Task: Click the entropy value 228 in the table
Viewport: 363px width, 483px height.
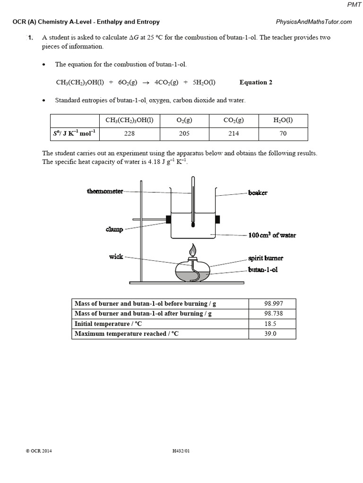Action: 130,133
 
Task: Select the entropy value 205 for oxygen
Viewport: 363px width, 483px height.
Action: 184,133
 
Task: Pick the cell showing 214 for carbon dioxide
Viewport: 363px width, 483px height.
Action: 233,133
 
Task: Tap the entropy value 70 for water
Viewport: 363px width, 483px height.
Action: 283,133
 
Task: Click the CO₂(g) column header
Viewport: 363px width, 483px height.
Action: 233,120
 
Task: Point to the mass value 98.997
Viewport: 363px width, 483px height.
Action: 272,304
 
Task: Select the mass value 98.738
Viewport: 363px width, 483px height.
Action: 272,314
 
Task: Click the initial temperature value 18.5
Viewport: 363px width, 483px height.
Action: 272,324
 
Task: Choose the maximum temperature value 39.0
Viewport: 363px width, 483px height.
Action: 272,334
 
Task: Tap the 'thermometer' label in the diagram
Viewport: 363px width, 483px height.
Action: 105,191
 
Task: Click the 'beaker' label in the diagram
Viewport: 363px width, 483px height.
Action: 258,193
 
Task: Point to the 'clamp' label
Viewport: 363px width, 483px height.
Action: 114,230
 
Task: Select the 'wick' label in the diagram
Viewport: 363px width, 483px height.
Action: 116,257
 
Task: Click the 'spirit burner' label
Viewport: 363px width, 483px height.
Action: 265,259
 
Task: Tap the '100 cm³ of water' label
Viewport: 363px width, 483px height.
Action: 272,235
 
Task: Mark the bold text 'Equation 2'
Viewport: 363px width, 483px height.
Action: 256,83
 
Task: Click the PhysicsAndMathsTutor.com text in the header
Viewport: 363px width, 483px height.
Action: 313,22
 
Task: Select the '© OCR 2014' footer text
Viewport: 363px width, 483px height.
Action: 39,451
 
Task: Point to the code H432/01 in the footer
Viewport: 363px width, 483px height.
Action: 181,451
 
